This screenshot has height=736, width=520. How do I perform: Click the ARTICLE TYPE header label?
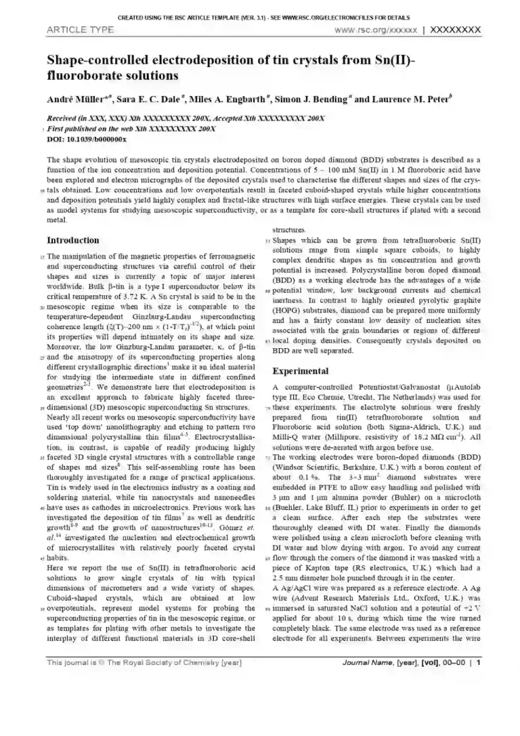point(80,30)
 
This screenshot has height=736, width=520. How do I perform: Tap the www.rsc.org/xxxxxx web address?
point(375,30)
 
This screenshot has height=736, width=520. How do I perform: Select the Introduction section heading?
point(72,240)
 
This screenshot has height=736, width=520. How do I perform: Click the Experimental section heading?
point(301,371)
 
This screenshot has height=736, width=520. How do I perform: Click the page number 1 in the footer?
point(479,663)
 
